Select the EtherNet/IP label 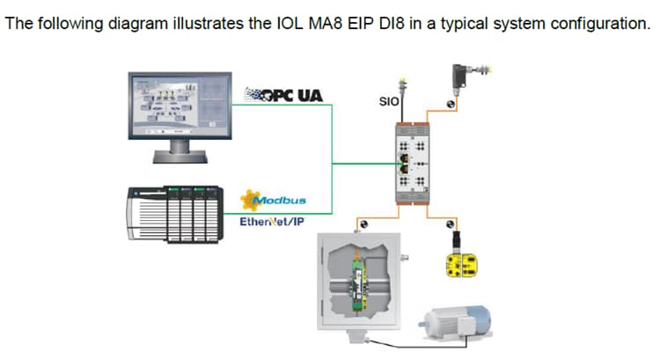(271, 221)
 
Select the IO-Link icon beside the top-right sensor (450, 104)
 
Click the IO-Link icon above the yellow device (452, 224)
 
